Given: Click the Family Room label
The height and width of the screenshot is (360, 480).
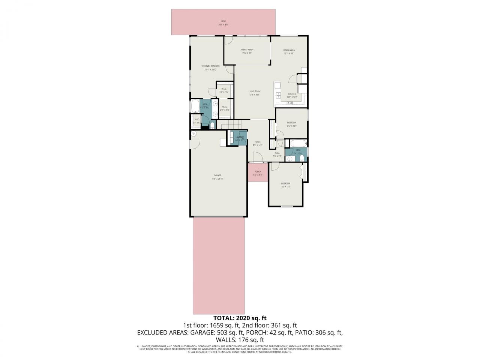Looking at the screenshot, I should tap(247, 50).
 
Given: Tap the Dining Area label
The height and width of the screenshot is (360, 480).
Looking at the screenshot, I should tap(289, 50).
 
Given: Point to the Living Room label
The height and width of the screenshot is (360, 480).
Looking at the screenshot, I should tap(254, 91).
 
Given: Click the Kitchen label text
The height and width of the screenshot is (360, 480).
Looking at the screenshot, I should tap(292, 94).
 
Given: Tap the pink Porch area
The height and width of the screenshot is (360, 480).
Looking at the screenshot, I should tap(258, 172).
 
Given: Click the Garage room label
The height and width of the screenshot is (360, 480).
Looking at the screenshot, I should tap(217, 175).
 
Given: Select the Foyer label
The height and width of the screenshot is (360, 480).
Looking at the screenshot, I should tap(257, 142).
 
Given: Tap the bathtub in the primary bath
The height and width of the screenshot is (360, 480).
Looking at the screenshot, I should tap(195, 106).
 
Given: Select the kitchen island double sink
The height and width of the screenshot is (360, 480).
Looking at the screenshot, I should tap(278, 94).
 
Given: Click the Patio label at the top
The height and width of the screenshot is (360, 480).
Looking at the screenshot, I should tap(223, 22).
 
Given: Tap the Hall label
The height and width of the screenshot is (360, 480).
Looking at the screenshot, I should tap(277, 153).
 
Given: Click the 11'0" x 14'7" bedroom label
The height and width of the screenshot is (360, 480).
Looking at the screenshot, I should tap(286, 184).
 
